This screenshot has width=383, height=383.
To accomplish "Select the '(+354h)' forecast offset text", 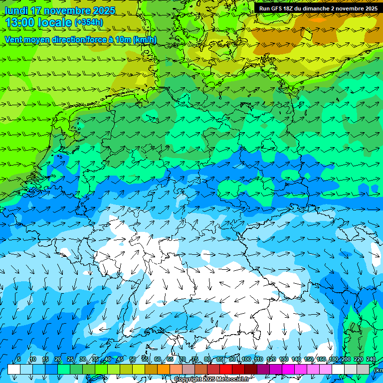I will [89, 22].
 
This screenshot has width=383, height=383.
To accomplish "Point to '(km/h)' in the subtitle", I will [145, 40].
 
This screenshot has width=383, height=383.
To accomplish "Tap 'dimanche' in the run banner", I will [316, 8].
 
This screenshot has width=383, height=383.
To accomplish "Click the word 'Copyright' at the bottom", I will [187, 380].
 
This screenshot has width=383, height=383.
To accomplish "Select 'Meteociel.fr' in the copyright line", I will [233, 380].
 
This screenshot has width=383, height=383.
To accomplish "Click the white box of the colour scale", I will [14, 369].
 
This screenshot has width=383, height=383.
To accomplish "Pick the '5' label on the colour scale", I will [19, 360].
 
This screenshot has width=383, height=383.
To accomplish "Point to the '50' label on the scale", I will [133, 360].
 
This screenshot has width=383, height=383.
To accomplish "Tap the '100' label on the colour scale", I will [246, 360].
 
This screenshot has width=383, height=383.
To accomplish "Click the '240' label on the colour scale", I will [371, 360].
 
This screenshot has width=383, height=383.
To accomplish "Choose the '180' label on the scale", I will [334, 360].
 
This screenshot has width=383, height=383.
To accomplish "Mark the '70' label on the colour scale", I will [183, 360].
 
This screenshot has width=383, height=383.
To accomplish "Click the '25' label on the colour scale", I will [70, 360].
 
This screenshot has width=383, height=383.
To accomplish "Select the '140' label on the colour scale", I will [296, 360].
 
